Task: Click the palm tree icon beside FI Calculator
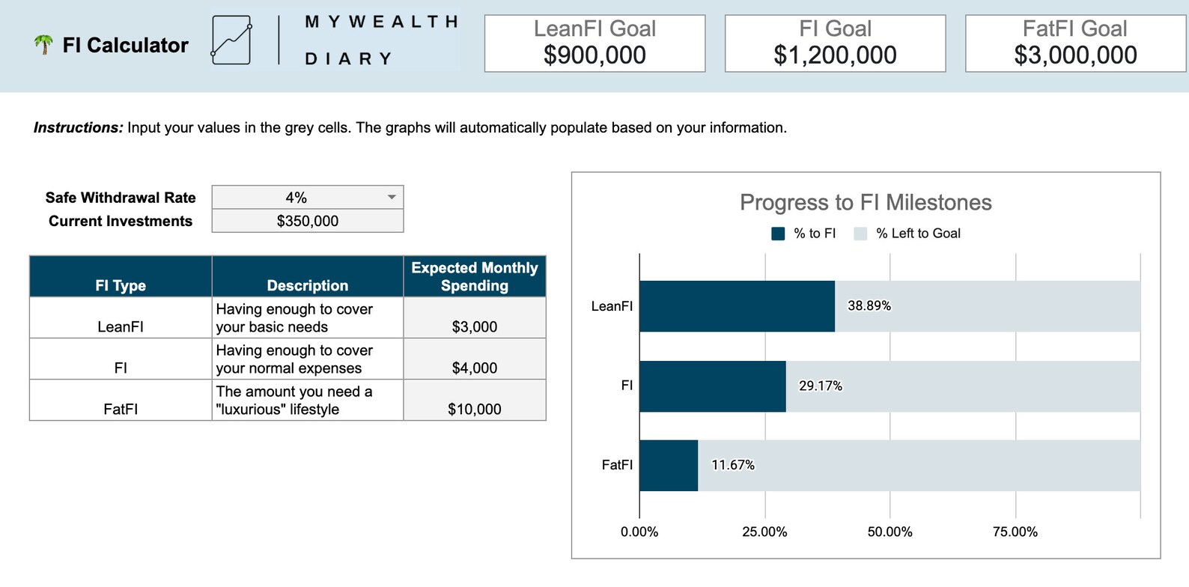[x=43, y=45]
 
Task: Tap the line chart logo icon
[x=231, y=40]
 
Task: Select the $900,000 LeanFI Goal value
[x=594, y=55]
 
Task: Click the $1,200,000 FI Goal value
[x=835, y=55]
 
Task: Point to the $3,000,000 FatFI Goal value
[x=1075, y=55]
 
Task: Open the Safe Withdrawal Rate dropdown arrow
[x=392, y=197]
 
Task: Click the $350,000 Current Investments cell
[x=308, y=221]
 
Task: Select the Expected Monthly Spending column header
[x=475, y=276]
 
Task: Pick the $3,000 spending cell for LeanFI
[x=475, y=326]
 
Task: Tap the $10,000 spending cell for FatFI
[x=475, y=409]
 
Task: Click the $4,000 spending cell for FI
[x=475, y=368]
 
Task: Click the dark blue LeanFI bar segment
[x=737, y=306]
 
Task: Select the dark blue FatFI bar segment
[x=669, y=465]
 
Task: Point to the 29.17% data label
[x=821, y=386]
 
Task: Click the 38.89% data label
[x=869, y=305]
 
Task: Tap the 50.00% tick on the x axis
[x=890, y=532]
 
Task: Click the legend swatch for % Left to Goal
[x=860, y=234]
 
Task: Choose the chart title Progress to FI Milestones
[x=866, y=202]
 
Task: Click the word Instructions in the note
[x=78, y=128]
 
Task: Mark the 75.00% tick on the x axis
[x=1015, y=532]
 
